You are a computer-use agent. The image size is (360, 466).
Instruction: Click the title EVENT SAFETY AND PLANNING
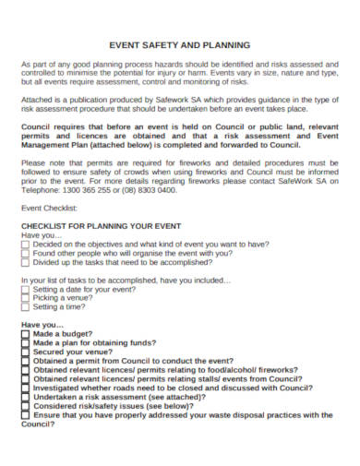(x=180, y=43)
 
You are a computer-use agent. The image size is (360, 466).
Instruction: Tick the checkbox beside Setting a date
(x=25, y=289)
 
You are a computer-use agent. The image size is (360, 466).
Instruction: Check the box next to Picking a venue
(x=25, y=298)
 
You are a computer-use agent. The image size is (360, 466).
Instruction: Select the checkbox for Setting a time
(x=25, y=307)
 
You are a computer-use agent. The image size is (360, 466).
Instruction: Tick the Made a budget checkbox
(x=25, y=334)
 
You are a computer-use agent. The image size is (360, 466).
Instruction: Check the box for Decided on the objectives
(x=25, y=244)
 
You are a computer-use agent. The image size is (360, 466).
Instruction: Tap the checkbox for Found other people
(x=25, y=253)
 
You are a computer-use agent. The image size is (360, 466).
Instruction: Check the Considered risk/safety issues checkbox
(x=25, y=406)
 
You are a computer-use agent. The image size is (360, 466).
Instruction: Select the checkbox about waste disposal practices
(x=25, y=415)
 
